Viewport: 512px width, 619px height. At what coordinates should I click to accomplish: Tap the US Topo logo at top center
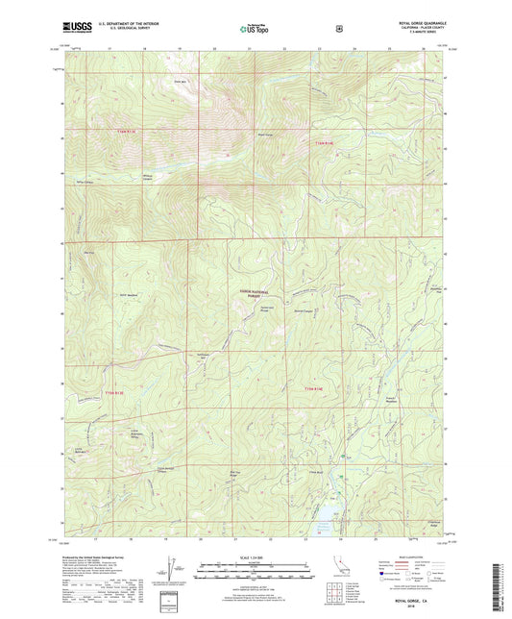253,30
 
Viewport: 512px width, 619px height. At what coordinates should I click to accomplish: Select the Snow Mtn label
179,82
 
